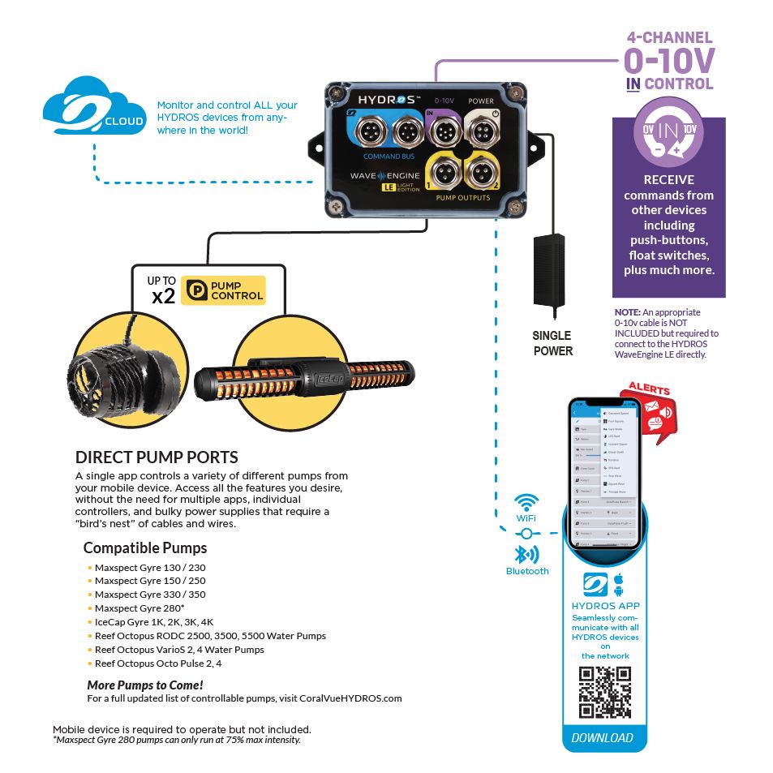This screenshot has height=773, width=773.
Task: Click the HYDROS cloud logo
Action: (94, 108)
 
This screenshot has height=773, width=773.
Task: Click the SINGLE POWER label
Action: (552, 343)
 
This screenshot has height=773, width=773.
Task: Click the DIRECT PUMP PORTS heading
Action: (157, 457)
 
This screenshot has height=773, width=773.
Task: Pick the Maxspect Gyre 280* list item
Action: (139, 608)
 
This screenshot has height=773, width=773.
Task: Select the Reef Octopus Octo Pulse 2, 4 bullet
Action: (158, 663)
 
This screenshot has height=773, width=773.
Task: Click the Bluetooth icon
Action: (527, 554)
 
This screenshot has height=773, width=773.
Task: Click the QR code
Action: (604, 692)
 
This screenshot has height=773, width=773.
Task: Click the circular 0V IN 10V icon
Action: (668, 132)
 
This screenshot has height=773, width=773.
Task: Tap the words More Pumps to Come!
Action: (145, 685)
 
